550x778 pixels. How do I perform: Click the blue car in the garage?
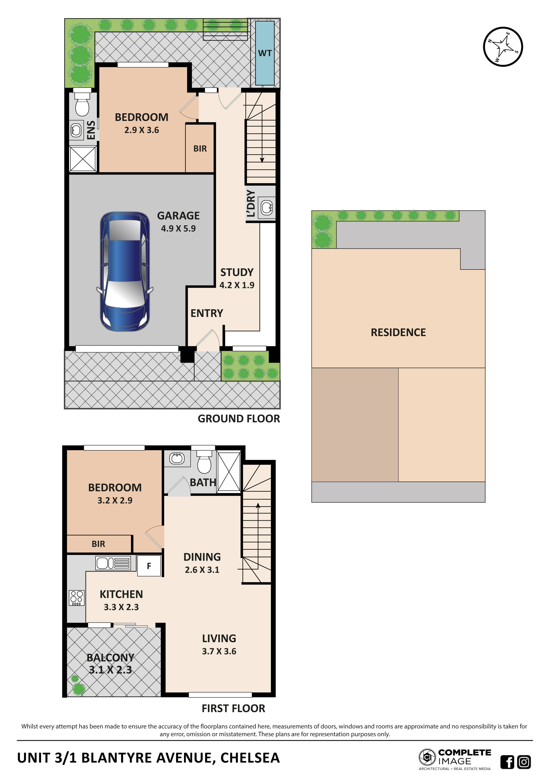125,271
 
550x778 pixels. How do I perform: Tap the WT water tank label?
265,53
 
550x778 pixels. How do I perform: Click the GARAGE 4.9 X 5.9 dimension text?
178,228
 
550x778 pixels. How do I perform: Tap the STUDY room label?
237,272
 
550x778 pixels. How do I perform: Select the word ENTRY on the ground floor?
207,313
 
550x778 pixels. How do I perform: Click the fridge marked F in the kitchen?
149,566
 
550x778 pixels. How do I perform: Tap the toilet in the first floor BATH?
204,462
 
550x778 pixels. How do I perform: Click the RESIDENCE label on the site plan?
398,332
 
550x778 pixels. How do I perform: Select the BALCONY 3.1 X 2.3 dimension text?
110,670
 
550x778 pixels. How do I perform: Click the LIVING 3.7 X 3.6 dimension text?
219,651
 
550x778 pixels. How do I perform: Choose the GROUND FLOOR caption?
239,419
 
